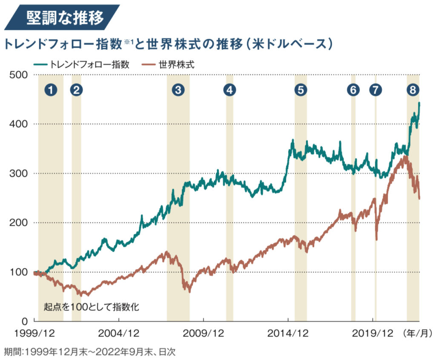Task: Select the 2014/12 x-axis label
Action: pyautogui.click(x=288, y=332)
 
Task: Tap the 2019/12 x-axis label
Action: pyautogui.click(x=373, y=332)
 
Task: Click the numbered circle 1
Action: pyautogui.click(x=51, y=89)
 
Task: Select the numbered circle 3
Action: pyautogui.click(x=178, y=89)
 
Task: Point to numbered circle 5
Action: pyautogui.click(x=301, y=89)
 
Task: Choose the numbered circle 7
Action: pyautogui.click(x=376, y=89)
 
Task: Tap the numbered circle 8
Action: pyautogui.click(x=413, y=89)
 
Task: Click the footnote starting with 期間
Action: pyautogui.click(x=89, y=352)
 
